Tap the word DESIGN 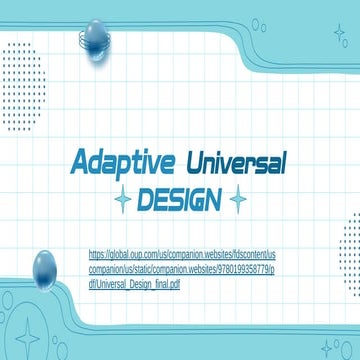tap(180, 200)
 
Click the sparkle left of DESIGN tap(123, 201)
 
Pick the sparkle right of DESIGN tap(237, 201)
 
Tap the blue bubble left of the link tap(45, 266)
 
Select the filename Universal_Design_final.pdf tap(139, 285)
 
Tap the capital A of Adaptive tap(80, 161)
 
